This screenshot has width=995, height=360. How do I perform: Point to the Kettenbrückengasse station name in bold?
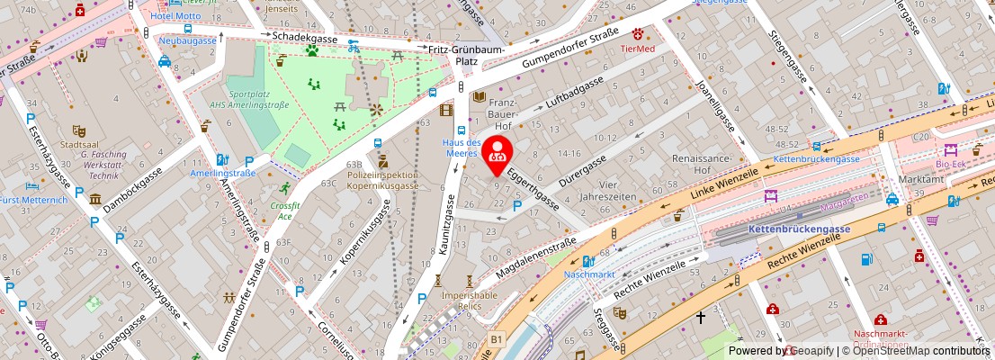[x=798, y=229]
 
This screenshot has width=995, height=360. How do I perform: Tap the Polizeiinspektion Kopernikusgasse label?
[x=383, y=179]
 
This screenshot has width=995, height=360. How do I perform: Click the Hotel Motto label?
[x=176, y=16]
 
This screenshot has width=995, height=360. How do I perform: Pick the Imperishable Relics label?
[x=469, y=301]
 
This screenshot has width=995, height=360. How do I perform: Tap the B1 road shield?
[x=496, y=338]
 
